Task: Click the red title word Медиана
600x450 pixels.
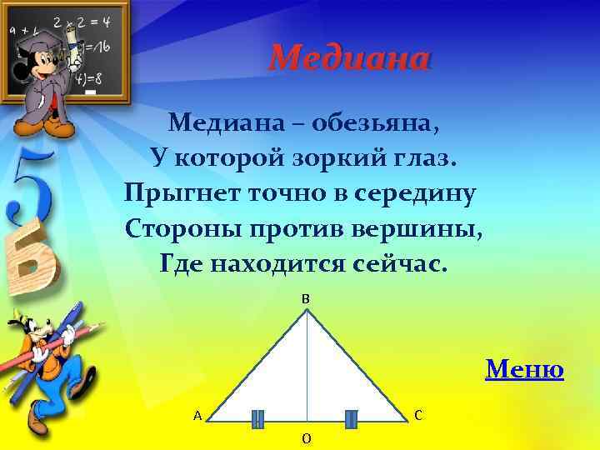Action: point(350,58)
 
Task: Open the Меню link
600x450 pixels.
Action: point(524,367)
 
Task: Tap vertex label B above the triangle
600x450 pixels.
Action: point(306,298)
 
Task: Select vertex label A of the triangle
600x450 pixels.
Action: point(197,415)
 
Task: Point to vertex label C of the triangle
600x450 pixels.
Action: point(418,414)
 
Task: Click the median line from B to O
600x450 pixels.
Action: point(307,367)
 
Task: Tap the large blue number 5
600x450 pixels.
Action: point(29,187)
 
